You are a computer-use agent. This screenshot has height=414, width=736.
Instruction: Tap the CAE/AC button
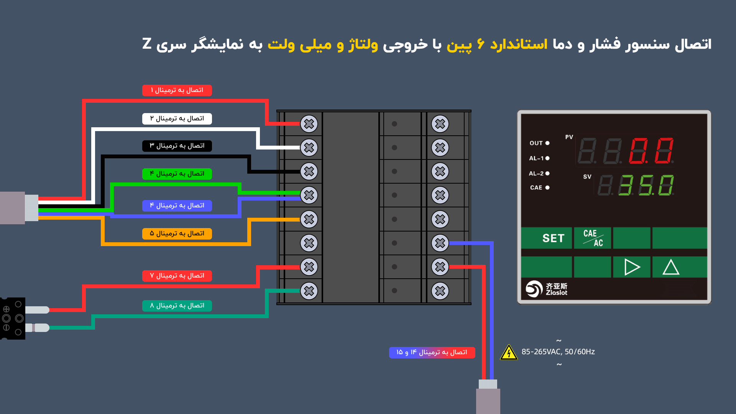pos(593,238)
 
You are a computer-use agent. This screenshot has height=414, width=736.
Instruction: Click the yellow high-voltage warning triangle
pos(509,352)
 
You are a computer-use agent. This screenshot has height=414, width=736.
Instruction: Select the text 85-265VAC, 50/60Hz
pos(558,352)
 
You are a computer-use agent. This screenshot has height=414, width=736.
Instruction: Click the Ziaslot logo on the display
pos(547,289)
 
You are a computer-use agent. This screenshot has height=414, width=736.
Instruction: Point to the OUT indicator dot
pos(547,143)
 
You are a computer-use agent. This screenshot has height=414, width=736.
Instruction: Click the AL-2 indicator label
pos(536,174)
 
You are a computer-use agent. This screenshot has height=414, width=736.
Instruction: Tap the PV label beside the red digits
pos(569,137)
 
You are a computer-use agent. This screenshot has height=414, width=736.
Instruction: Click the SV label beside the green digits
pos(587,177)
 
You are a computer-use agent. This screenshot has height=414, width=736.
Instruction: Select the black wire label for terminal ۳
pos(177,146)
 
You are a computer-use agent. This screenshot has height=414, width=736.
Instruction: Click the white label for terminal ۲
pos(177,119)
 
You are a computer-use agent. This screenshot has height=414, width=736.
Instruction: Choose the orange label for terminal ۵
pos(177,234)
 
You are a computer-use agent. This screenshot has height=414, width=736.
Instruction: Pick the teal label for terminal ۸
pos(177,306)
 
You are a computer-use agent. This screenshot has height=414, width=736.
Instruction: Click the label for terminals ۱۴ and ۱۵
pos(432,353)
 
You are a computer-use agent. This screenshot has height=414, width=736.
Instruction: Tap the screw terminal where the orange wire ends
pos(309,219)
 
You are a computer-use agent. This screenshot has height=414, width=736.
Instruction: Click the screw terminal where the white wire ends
pos(309,148)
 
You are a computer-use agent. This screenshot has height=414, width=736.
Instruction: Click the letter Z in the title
pos(147,44)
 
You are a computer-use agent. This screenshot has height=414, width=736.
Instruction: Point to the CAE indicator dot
pos(547,187)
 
